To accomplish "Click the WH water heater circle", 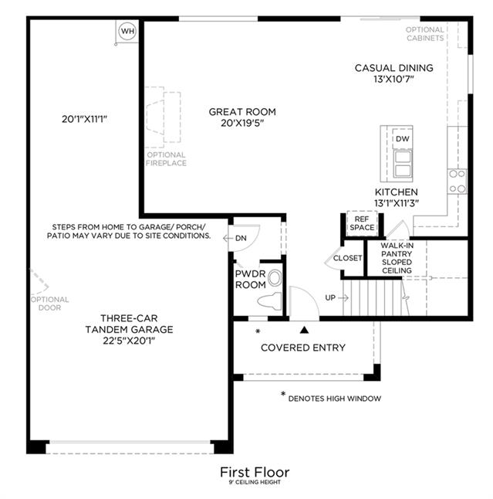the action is pos(127,31).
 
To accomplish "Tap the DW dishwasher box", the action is pos(403,139).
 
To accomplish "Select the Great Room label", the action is pos(242,112).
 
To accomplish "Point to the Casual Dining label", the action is pos(393,68).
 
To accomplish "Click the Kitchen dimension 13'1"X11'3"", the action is pos(397,203).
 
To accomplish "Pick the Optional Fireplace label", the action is pos(166,159).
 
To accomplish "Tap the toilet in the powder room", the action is pos(269,301).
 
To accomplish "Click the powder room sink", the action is pos(275,278).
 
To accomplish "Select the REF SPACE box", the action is pos(362,223).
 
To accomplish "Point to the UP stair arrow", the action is pos(343,298).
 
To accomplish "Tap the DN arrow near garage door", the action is pos(228,238).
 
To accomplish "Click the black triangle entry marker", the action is pos(304,330).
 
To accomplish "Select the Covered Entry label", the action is pos(303,348).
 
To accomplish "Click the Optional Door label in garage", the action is pos(49,304).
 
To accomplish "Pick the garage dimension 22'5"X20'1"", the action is pos(129,341).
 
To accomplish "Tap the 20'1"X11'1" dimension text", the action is pos(84,119).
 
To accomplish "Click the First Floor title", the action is pos(255,472).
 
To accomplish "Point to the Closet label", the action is pos(347,258).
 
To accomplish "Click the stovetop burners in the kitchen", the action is pos(457,182).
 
